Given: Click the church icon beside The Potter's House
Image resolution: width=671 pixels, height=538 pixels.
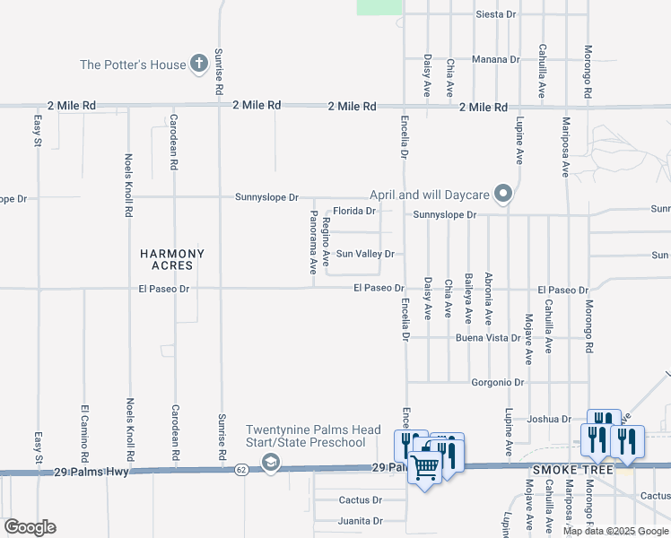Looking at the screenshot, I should point(200,64).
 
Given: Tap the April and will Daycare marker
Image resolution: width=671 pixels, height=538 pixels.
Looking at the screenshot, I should point(504,194).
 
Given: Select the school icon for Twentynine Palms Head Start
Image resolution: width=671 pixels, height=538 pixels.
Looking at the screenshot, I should point(270,462).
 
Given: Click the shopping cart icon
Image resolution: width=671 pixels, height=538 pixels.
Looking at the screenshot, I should point(425,466).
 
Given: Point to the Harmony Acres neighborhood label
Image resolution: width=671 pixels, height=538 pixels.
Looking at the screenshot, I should point(172,260).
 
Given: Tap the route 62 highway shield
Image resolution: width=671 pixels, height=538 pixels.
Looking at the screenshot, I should point(241,469).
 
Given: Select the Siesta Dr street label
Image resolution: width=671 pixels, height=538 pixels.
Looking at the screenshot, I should point(496,14).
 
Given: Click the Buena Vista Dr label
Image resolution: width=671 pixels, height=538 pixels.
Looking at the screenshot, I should point(488,338).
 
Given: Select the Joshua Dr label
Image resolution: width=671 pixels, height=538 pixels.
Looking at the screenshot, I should point(550,419).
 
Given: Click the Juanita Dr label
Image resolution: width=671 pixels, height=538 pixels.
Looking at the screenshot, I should point(361,520).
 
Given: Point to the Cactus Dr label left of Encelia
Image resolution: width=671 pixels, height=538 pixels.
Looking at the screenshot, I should point(361,499).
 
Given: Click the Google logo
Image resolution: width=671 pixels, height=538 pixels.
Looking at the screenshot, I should point(30,527).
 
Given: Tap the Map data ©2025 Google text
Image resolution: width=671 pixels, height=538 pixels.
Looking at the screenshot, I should point(615,531).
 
